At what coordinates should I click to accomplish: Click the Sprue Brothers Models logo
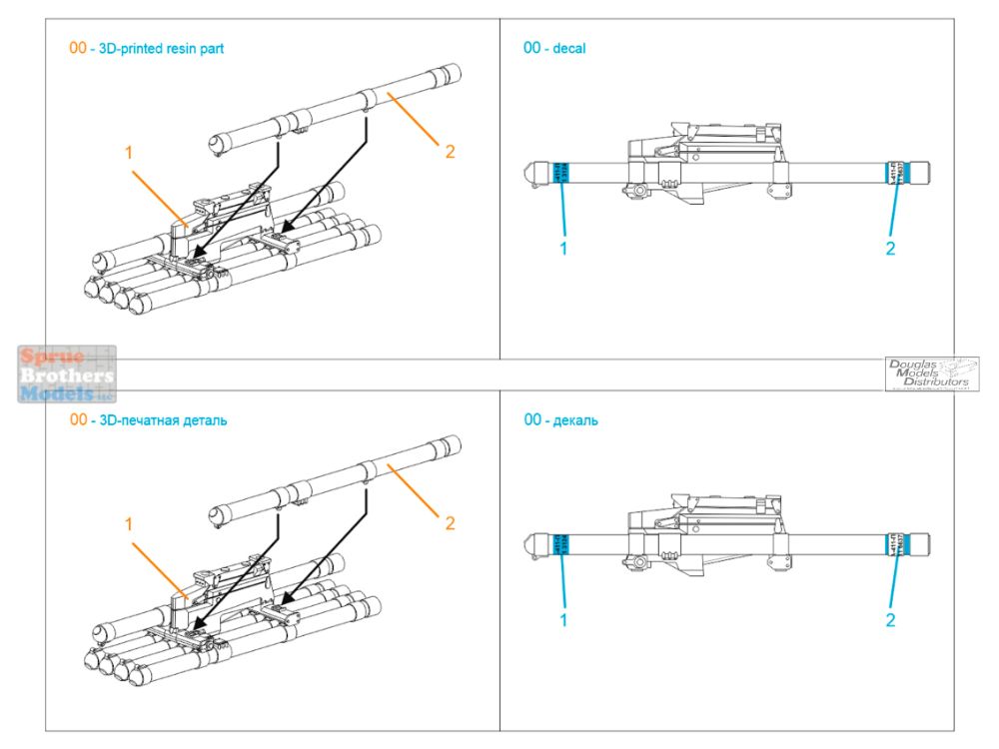[x=66, y=374]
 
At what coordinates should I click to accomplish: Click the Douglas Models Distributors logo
[x=931, y=374]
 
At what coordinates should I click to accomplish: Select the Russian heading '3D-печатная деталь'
[x=159, y=420]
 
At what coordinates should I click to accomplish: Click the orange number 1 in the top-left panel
[x=129, y=152]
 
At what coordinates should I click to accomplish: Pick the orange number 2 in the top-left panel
[x=450, y=152]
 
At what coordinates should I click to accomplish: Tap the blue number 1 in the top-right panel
[x=563, y=248]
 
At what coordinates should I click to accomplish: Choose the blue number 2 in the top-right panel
[x=890, y=248]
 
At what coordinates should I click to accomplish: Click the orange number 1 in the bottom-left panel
[x=129, y=522]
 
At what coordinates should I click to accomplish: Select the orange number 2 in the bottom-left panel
[x=450, y=522]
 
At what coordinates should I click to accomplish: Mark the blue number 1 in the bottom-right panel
[x=563, y=620]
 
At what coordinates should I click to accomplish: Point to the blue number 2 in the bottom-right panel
[x=890, y=620]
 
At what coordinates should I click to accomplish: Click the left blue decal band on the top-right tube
[x=560, y=173]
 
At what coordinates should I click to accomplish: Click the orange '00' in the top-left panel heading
[x=78, y=48]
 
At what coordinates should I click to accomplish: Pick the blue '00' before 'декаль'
[x=532, y=420]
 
